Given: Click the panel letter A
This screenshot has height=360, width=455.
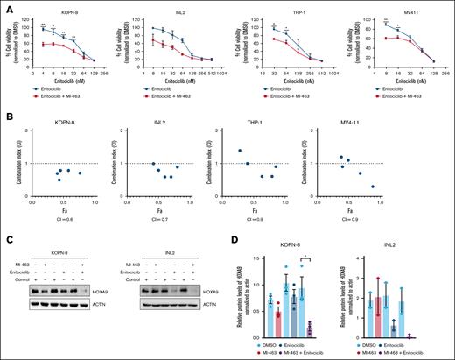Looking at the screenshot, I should pos(6,6).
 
